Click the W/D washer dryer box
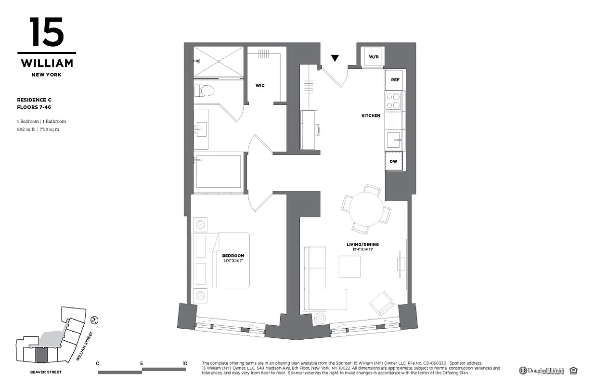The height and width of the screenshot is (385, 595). click(x=374, y=57)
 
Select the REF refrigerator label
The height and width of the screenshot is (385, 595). click(x=395, y=80)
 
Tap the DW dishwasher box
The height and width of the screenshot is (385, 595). click(x=394, y=161)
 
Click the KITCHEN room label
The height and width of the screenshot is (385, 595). click(x=371, y=115)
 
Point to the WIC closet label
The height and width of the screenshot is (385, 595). click(x=260, y=86)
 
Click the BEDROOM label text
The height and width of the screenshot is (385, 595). click(x=233, y=256)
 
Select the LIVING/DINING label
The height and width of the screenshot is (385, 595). click(x=360, y=244)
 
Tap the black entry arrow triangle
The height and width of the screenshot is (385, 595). click(x=335, y=58)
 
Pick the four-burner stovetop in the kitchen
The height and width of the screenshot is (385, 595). click(x=394, y=102)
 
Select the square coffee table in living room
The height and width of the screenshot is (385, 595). click(x=349, y=266)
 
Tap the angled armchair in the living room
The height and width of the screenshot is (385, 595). click(x=382, y=303)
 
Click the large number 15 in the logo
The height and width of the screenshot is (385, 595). click(x=46, y=33)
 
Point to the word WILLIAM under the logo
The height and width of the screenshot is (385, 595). click(x=47, y=64)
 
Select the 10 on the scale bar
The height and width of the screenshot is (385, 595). click(x=185, y=363)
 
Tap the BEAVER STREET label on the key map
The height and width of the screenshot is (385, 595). click(x=46, y=372)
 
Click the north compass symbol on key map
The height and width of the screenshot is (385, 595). click(x=95, y=319)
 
